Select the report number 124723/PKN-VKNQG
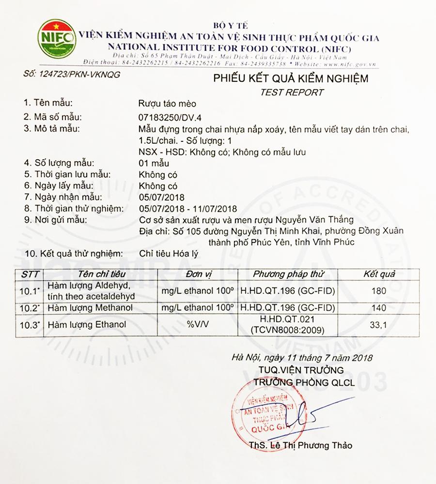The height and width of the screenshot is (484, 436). (x=72, y=75)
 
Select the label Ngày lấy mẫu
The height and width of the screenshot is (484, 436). (x=63, y=186)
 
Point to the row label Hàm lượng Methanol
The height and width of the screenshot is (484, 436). (x=87, y=308)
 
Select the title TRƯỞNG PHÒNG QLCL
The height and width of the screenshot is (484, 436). (x=300, y=382)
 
